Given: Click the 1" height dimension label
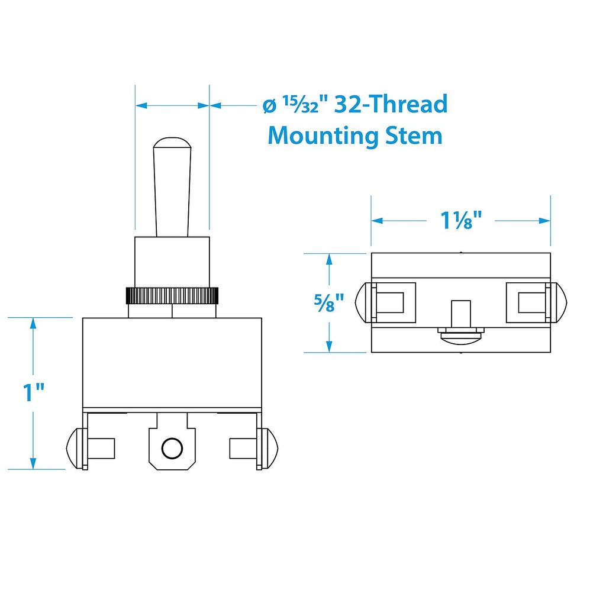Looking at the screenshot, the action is (34, 392).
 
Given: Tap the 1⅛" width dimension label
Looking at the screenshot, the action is (461, 220).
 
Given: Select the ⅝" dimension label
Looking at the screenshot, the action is (329, 302).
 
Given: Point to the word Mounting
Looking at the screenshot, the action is (323, 137).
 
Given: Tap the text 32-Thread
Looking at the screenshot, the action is (391, 104).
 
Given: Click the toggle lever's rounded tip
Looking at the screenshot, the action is (172, 143).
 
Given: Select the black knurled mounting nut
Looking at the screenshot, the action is (172, 296).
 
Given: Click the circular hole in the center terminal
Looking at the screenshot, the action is (172, 449).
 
